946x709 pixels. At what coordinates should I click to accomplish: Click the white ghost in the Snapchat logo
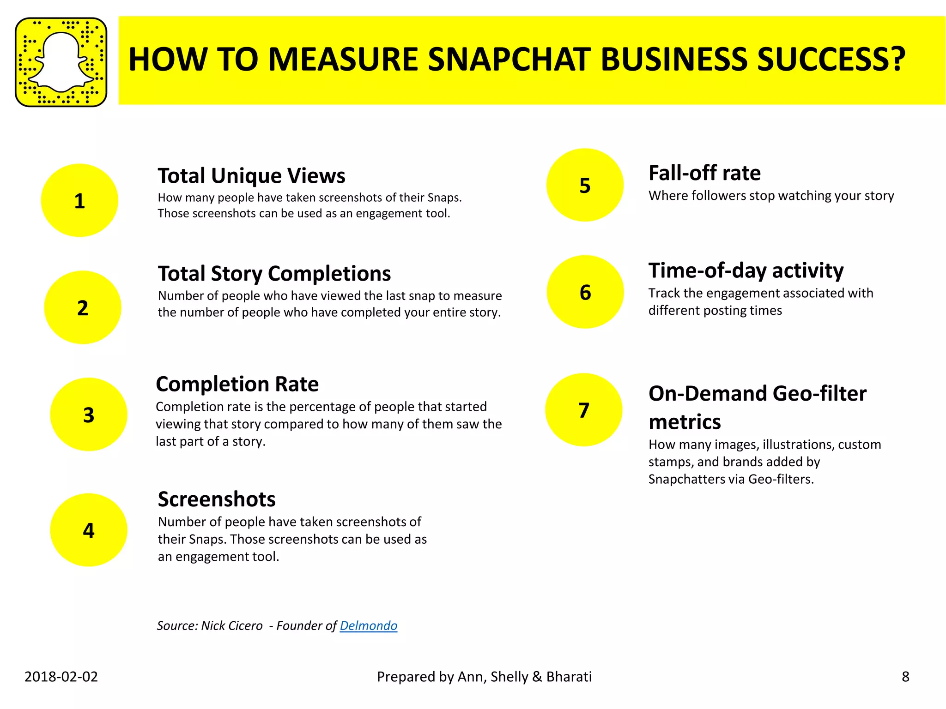[x=61, y=62]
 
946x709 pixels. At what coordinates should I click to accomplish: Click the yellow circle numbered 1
[x=79, y=200]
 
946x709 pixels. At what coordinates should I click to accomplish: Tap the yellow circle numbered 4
[x=88, y=530]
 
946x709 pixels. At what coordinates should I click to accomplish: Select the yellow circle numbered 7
[x=584, y=410]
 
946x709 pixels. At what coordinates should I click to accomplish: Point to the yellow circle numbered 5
[x=585, y=185]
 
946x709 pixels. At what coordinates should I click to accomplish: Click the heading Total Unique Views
[x=251, y=176]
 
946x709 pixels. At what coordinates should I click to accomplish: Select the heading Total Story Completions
[x=274, y=274]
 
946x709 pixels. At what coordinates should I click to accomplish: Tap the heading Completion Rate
[x=237, y=384]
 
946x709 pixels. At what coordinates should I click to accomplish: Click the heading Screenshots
[x=217, y=499]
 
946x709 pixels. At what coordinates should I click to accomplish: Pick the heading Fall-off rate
[x=704, y=173]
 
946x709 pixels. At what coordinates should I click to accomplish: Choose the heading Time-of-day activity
[x=746, y=270]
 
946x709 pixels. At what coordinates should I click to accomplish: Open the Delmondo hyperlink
[x=368, y=626]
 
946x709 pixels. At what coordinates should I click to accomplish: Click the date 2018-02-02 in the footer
[x=61, y=677]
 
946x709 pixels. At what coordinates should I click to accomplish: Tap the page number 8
[x=905, y=677]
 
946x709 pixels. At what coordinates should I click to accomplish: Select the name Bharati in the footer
[x=569, y=677]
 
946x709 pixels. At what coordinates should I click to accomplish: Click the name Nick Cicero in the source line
[x=232, y=626]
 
